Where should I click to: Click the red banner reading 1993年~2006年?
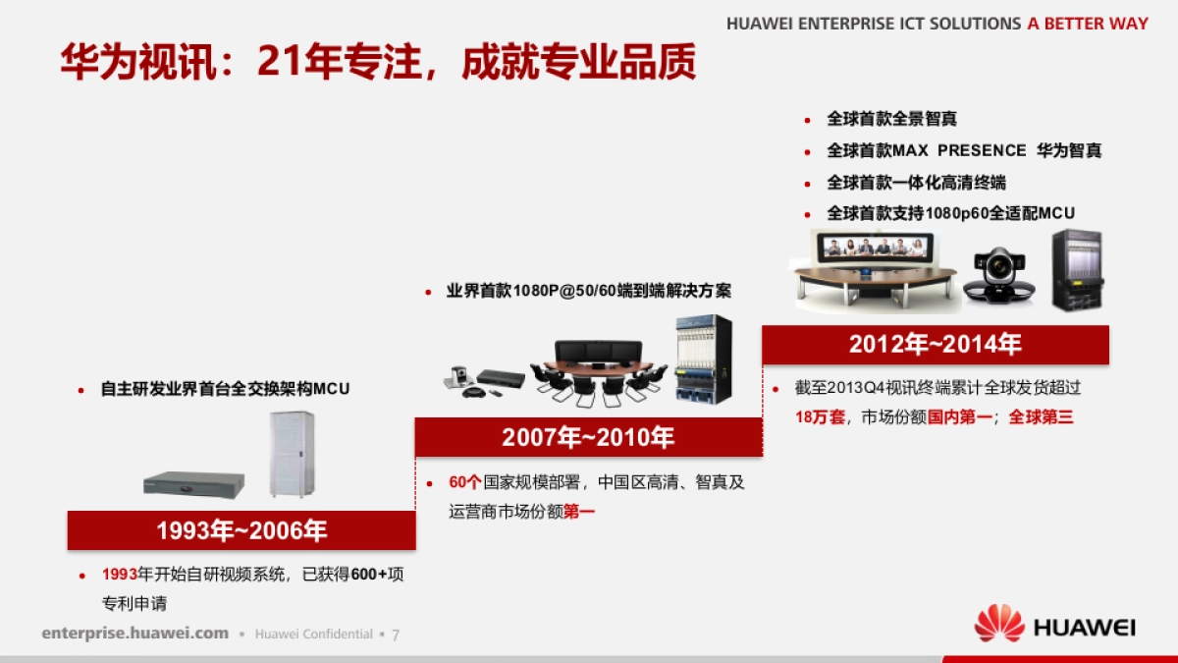click(241, 530)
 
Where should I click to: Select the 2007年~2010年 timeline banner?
click(588, 437)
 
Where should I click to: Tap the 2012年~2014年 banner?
click(936, 345)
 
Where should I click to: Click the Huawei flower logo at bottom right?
click(998, 624)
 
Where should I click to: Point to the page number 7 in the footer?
click(396, 635)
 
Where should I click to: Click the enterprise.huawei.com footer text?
click(135, 633)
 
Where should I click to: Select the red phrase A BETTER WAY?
click(1088, 24)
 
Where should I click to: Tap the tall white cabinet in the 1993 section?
click(292, 454)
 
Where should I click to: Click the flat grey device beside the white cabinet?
click(194, 484)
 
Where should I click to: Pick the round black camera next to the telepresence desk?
click(999, 276)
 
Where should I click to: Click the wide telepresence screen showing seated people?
click(875, 248)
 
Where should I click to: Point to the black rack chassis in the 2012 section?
click(1077, 270)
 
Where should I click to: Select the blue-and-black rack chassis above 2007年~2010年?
click(704, 359)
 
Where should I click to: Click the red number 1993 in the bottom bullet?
click(120, 574)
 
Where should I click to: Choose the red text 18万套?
click(820, 417)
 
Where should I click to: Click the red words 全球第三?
click(1041, 417)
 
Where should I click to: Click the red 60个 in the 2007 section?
click(465, 482)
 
